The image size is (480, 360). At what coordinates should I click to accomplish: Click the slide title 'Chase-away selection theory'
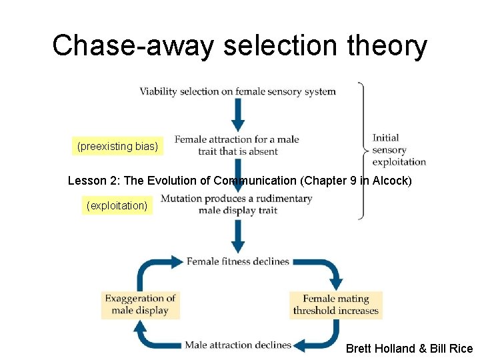pyautogui.click(x=240, y=46)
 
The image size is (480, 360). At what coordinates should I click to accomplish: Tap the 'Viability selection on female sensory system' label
pyautogui.click(x=237, y=91)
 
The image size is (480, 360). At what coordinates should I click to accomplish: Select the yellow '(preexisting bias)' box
pyautogui.click(x=118, y=146)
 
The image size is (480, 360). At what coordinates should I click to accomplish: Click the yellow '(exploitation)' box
pyautogui.click(x=117, y=205)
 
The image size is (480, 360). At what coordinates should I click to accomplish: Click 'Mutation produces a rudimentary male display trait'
pyautogui.click(x=237, y=205)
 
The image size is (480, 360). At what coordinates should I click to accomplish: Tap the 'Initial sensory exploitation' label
pyautogui.click(x=399, y=149)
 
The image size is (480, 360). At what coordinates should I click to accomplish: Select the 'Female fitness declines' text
pyautogui.click(x=238, y=261)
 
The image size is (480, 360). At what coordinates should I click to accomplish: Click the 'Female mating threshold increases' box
pyautogui.click(x=335, y=305)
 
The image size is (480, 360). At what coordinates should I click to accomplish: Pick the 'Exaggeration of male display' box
pyautogui.click(x=140, y=305)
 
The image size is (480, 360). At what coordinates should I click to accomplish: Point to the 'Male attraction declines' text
pyautogui.click(x=238, y=345)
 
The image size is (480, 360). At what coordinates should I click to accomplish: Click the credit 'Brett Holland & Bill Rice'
pyautogui.click(x=409, y=349)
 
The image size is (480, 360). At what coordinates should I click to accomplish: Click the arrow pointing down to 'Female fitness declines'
pyautogui.click(x=238, y=236)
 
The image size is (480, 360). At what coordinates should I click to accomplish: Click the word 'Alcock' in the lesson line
pyautogui.click(x=399, y=180)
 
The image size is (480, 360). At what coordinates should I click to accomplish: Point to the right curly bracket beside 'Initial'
pyautogui.click(x=362, y=151)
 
